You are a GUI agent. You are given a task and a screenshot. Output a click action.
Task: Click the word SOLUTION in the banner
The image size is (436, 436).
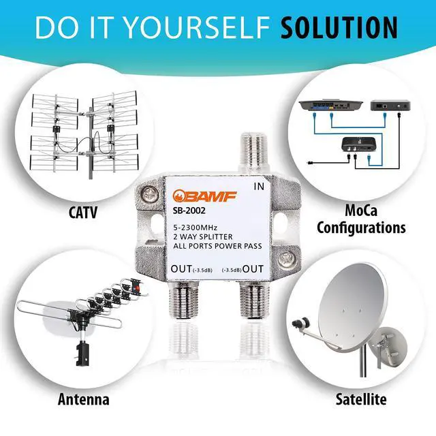point(339,27)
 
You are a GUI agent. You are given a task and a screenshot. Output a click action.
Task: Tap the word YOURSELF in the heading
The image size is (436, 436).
point(196,27)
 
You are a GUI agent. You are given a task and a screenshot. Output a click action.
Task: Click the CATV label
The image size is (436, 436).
point(83,213)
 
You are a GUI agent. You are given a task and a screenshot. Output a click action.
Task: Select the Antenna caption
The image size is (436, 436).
point(83,400)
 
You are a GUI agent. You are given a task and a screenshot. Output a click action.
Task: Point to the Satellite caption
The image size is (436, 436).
point(361,399)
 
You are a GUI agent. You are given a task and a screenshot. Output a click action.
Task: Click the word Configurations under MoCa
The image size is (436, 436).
point(361,228)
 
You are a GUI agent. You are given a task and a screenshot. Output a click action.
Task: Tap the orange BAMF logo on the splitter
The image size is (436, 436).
point(204,196)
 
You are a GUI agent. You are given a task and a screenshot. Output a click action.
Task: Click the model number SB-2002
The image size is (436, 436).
point(189,211)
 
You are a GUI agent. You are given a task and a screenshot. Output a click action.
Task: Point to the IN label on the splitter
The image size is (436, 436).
point(259,187)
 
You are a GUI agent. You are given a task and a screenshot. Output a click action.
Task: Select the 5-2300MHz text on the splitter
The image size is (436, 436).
point(196,228)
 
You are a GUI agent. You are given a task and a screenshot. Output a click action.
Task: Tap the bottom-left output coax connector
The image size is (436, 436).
point(184,300)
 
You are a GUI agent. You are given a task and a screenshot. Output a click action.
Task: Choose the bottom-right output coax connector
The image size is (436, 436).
point(254,300)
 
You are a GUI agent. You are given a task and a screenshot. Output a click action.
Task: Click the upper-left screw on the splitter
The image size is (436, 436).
point(150,193)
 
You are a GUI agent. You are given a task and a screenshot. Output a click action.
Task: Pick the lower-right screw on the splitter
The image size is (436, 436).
point(286,260)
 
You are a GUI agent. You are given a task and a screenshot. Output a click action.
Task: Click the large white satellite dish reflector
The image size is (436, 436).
point(353,306)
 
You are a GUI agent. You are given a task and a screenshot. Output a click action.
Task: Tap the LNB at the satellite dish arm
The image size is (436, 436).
point(300,322)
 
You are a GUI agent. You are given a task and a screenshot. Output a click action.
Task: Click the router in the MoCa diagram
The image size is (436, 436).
point(330,105)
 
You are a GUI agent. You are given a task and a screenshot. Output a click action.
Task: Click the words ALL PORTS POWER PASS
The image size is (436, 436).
point(217,246)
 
